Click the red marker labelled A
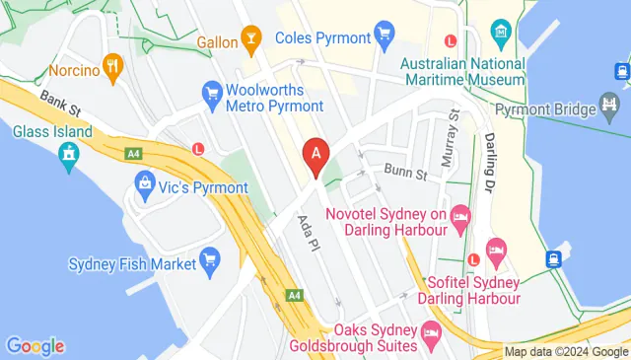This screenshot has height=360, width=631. pos(315,155)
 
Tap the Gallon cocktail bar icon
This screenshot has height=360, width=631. pos(251,42)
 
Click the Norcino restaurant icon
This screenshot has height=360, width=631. pos(114,69)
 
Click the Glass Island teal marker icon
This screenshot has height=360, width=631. pos(68,154)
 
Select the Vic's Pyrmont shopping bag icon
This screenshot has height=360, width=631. pos(145,183)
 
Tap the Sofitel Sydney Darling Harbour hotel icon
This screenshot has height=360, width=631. pos(496,252)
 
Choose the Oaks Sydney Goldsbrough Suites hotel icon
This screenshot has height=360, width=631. pos(431,334)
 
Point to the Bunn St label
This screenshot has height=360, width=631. pos(404,174)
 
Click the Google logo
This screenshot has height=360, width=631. pos(35,346)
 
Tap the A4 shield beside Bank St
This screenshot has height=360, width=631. pos(131,152)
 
